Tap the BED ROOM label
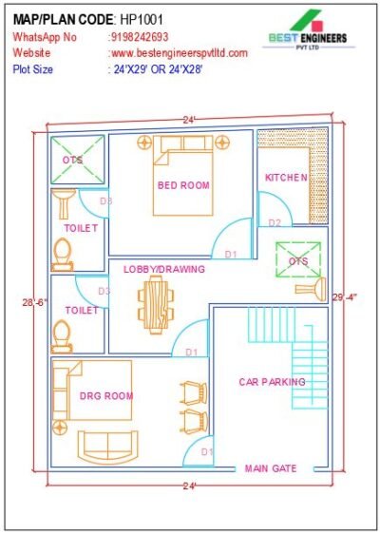(183, 185)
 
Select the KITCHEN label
(285, 178)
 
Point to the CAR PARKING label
(272, 382)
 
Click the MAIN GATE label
(271, 468)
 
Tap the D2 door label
(275, 222)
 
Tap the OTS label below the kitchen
(298, 260)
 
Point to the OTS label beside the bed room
(73, 161)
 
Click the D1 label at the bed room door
(230, 254)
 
